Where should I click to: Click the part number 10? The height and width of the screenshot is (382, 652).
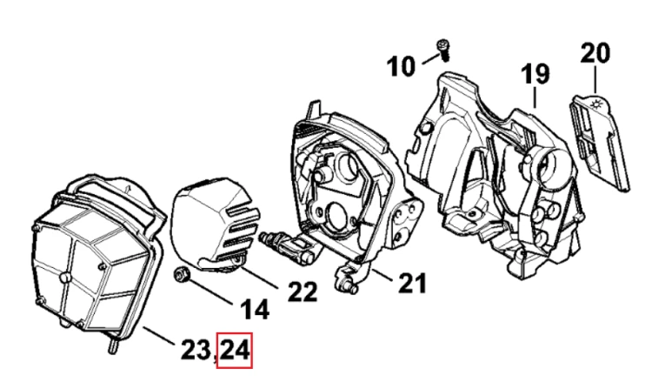[x=401, y=67]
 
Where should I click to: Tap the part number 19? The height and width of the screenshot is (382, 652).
[x=536, y=74]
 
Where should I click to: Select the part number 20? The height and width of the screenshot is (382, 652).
[x=595, y=53]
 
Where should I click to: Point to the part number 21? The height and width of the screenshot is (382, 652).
[x=412, y=284]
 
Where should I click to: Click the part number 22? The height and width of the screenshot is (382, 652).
[x=303, y=292]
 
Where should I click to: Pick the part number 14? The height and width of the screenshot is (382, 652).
[x=255, y=310]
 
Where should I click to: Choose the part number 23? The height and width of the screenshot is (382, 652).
[x=196, y=350]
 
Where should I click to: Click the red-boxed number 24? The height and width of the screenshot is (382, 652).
[x=235, y=351]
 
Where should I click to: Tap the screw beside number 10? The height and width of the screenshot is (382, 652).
[x=443, y=50]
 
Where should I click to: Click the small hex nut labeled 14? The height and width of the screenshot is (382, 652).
[x=182, y=274]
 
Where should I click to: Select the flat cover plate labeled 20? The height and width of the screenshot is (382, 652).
[x=599, y=142]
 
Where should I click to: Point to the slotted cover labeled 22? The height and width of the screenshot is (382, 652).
[x=216, y=225]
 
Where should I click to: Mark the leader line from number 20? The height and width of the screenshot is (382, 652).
[x=595, y=79]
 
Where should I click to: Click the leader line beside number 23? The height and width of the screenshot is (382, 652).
[x=158, y=335]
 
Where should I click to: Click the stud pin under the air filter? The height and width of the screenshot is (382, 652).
[x=112, y=345]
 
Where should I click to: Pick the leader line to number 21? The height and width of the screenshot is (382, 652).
[x=383, y=275]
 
